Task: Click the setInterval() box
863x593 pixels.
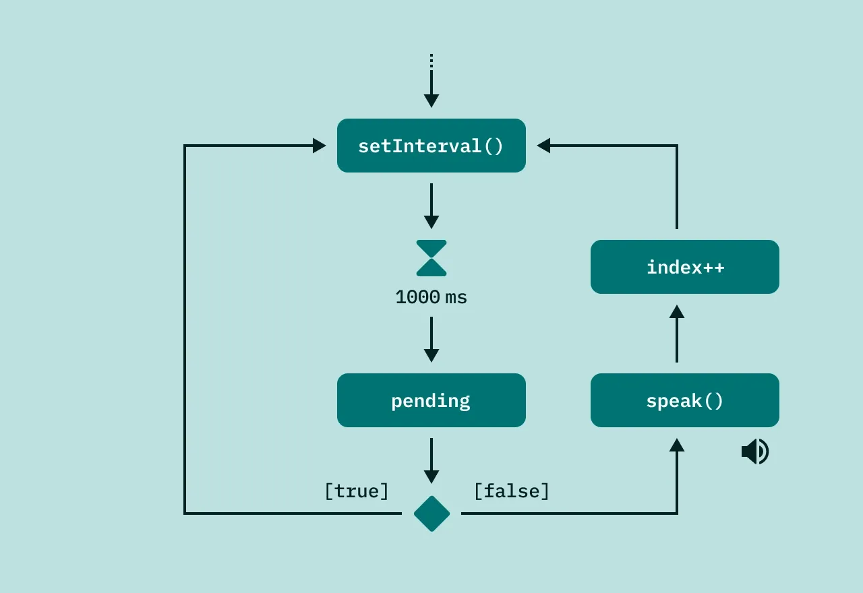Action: click(431, 146)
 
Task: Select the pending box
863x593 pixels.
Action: click(431, 400)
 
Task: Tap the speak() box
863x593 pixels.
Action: click(685, 400)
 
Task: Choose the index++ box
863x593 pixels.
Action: click(685, 267)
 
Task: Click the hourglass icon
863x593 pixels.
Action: click(431, 258)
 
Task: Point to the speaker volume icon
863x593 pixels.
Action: click(755, 451)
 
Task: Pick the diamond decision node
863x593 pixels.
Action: click(431, 513)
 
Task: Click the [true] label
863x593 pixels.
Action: click(357, 491)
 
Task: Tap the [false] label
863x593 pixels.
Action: click(512, 491)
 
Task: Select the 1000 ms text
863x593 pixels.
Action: click(431, 297)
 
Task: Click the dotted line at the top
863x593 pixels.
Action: click(431, 61)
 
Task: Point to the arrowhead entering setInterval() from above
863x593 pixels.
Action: click(431, 101)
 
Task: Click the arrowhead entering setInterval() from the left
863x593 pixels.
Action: click(320, 146)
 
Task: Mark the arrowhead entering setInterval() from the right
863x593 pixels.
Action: click(543, 146)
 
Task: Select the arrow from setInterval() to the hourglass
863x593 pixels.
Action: click(431, 205)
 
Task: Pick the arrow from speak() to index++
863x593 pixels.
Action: click(677, 334)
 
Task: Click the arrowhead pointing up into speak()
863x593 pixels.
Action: click(677, 445)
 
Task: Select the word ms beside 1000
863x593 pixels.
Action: click(456, 297)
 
